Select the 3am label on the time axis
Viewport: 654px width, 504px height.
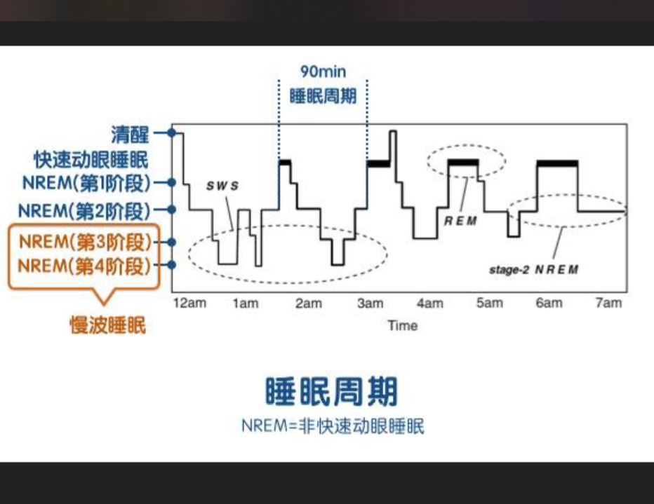(x=370, y=303)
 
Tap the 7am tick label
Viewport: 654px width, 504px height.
(x=608, y=303)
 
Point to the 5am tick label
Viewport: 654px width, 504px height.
(x=490, y=303)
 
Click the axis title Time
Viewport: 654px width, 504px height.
(x=402, y=325)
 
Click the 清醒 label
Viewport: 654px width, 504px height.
(x=130, y=133)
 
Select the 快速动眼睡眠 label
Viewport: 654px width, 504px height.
(x=91, y=158)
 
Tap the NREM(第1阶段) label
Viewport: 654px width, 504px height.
(x=86, y=183)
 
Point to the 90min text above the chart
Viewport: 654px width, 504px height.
(x=323, y=71)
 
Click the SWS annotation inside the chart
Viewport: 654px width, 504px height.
(x=222, y=186)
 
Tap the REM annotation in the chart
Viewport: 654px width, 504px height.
(x=460, y=220)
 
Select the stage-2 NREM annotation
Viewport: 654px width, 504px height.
(x=533, y=269)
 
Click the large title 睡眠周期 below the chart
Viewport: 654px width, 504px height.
(x=332, y=391)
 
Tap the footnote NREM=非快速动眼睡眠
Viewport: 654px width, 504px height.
(x=333, y=426)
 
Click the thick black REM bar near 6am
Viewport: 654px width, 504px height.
(x=557, y=163)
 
